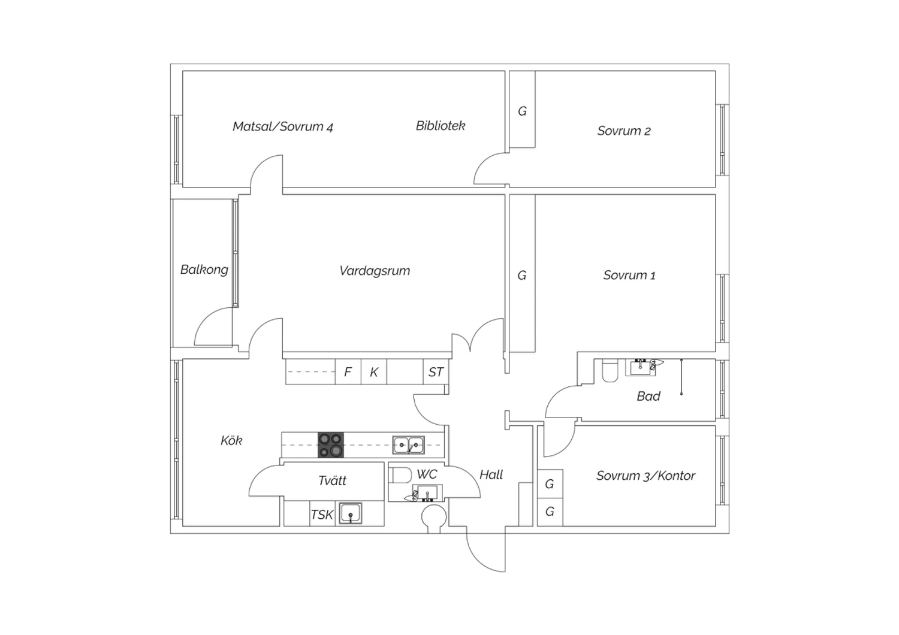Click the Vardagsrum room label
(x=375, y=271)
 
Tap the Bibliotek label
(x=441, y=126)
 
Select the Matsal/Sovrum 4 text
(x=283, y=127)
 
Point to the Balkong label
(x=204, y=270)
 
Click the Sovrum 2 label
(x=624, y=131)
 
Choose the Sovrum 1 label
(x=629, y=275)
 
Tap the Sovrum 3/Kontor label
(x=645, y=476)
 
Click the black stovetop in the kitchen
(x=331, y=445)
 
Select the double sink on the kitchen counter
(x=409, y=445)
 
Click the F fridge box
(x=348, y=372)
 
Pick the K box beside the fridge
(x=373, y=372)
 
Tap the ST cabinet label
(x=436, y=372)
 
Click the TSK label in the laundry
(x=322, y=515)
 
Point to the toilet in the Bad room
(x=610, y=371)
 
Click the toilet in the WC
(x=401, y=475)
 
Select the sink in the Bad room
(x=641, y=367)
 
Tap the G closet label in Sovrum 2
(x=522, y=111)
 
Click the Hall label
(x=491, y=475)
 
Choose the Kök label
(x=231, y=440)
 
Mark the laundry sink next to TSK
(x=351, y=513)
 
